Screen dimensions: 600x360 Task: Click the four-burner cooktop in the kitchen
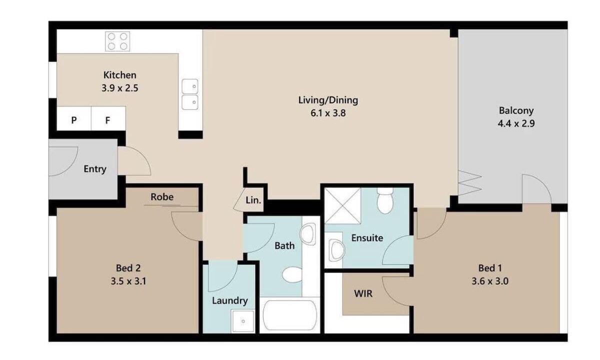(x=117, y=41)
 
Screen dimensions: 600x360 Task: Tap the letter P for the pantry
(x=74, y=120)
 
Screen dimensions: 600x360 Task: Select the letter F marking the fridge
(x=107, y=120)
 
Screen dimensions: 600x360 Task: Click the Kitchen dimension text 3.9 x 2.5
(x=119, y=88)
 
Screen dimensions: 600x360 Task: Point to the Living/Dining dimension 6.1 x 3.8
(x=328, y=113)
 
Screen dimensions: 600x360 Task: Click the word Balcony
(x=516, y=110)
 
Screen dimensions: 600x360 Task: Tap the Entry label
(x=95, y=169)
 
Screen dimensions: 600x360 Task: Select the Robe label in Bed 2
(x=162, y=197)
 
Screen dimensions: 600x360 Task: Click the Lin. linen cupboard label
(x=253, y=200)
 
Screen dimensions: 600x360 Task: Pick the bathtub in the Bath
(x=290, y=315)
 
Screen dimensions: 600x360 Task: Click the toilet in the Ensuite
(x=385, y=200)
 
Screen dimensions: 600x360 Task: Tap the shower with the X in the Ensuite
(x=342, y=205)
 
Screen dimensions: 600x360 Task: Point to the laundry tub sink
(x=243, y=321)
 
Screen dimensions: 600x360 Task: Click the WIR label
(x=363, y=293)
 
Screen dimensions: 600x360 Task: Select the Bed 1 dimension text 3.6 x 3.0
(x=490, y=281)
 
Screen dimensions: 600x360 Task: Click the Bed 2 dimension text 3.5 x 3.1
(x=128, y=281)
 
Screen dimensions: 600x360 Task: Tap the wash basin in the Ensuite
(x=337, y=250)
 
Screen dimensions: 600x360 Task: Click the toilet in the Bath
(x=292, y=274)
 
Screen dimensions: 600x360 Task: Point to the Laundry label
(x=230, y=301)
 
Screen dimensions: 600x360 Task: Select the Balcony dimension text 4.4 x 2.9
(x=516, y=123)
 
